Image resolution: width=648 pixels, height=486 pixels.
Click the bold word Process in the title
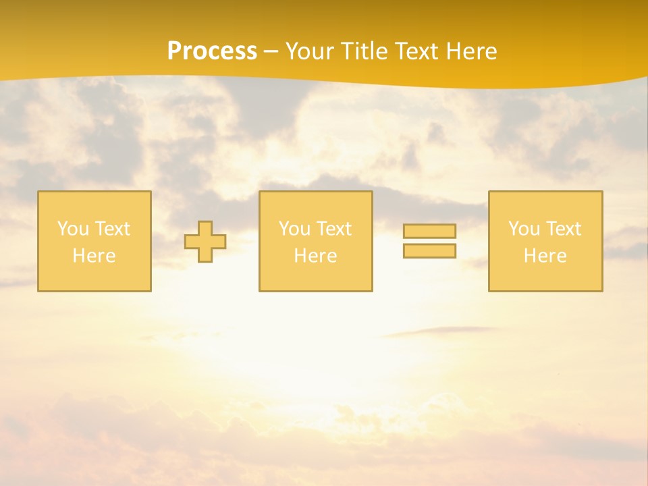(212, 51)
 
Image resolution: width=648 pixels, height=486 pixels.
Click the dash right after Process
(271, 52)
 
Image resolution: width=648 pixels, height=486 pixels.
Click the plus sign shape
(205, 242)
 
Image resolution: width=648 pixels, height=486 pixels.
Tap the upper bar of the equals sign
(429, 231)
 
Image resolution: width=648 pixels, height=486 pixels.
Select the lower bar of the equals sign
(429, 251)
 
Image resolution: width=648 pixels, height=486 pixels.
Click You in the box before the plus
(73, 229)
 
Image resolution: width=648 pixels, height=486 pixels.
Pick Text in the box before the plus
(111, 229)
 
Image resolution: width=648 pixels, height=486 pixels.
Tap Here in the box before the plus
(94, 256)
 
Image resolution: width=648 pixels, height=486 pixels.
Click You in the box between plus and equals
(294, 229)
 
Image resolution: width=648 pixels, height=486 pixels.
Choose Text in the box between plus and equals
(333, 229)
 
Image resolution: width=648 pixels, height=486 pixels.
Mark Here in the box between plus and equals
(315, 256)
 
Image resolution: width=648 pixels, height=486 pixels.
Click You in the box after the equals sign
(524, 229)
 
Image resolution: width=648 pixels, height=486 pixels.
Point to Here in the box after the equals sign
(545, 256)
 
